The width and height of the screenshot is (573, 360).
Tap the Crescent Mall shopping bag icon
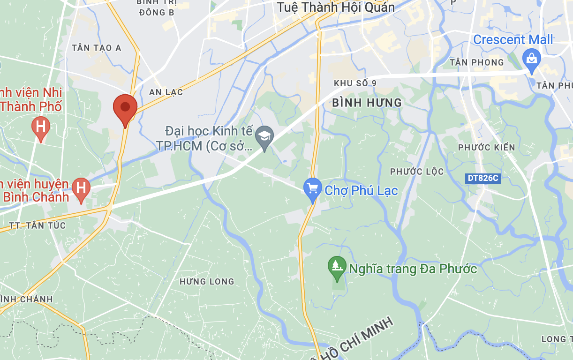coord(532,60)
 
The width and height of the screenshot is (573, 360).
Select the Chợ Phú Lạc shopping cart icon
coord(313,189)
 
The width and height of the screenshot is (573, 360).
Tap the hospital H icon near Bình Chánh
coord(81,188)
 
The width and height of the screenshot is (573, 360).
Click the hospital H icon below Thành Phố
coord(41,127)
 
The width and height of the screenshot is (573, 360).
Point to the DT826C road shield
coord(483,179)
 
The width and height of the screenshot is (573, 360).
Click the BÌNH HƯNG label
coord(367,103)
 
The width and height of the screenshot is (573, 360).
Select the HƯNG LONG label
coord(207,282)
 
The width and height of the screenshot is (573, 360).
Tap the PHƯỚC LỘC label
coord(417,172)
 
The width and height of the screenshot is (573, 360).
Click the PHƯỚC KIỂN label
coord(486,148)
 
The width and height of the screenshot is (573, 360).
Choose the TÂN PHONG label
coord(476,62)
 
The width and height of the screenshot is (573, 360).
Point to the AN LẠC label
coord(166,92)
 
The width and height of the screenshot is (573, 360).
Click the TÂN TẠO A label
coord(97,48)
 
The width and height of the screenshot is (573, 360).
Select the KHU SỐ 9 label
coord(355,83)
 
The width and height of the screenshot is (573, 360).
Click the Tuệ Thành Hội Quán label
coord(336,7)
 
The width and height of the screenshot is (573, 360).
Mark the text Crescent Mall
coord(513,40)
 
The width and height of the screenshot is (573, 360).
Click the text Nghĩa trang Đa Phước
coord(413,269)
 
